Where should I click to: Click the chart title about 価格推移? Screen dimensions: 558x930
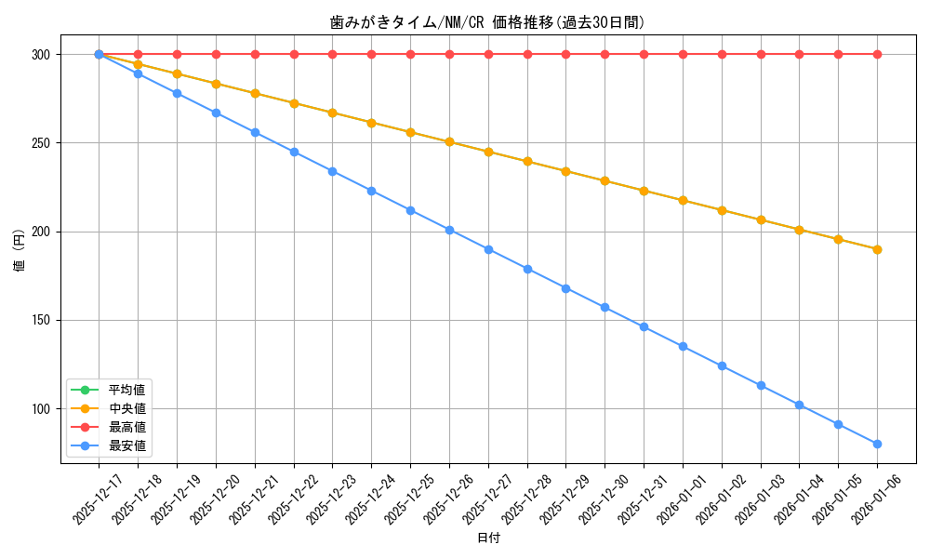pos(487,22)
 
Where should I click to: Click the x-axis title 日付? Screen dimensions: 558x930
pos(487,538)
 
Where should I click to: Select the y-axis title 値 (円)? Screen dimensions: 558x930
pos(19,253)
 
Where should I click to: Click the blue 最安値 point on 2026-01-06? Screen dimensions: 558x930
pos(877,444)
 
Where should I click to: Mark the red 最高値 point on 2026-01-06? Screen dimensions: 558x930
pos(877,54)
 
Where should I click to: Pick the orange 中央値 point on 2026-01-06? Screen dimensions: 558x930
pos(877,249)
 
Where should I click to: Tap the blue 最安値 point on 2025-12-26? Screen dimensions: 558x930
pos(449,230)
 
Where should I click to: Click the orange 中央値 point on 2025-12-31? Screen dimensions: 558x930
pos(644,191)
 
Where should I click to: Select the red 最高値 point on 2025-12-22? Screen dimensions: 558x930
pos(294,54)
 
